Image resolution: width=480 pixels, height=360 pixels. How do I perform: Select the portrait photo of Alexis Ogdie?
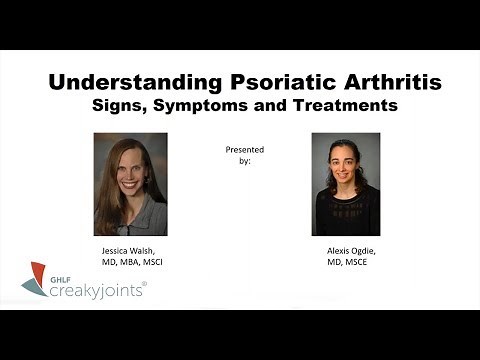click(345, 184)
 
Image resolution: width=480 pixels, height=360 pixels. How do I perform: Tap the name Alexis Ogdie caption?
click(346, 250)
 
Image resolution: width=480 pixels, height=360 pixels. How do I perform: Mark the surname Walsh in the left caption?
click(147, 250)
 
